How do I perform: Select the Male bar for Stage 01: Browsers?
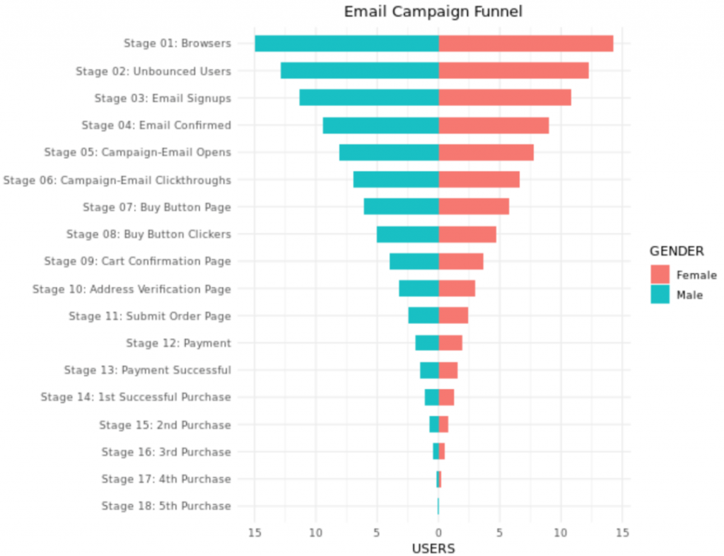[x=346, y=43]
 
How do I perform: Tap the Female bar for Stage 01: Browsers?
[x=525, y=43]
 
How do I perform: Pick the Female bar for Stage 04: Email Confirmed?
[x=494, y=125]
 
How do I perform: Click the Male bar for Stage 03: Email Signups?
[x=368, y=98]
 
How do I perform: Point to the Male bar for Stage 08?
[x=407, y=234]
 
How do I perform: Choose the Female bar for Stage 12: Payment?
[x=450, y=343]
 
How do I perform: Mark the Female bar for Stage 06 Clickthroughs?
[x=479, y=180]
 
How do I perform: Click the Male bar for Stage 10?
[x=419, y=289]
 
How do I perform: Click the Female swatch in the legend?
[x=660, y=275]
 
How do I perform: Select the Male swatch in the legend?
[x=660, y=294]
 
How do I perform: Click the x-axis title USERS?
[x=433, y=548]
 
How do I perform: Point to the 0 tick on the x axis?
[x=438, y=531]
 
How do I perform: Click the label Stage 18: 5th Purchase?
[x=166, y=506]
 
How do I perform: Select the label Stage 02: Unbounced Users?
[x=153, y=71]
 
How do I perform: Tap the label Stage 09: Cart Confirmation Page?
[x=137, y=261]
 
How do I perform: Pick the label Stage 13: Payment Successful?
[x=147, y=370]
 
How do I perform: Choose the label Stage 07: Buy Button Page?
[x=157, y=207]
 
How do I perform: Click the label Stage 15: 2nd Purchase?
[x=165, y=425]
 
